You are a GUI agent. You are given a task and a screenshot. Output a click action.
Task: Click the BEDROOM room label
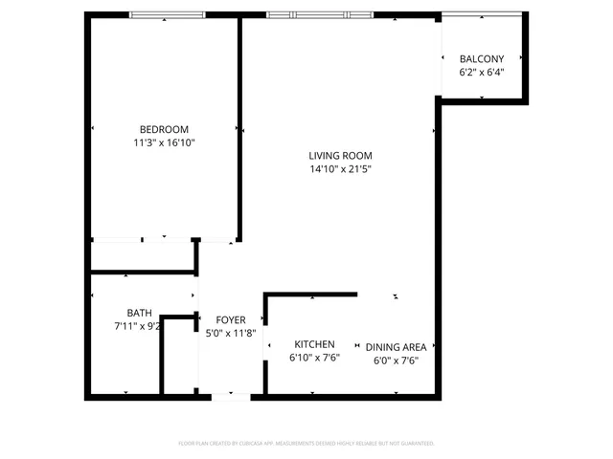(164, 129)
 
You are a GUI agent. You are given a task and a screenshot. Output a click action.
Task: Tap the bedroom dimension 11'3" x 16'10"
(164, 142)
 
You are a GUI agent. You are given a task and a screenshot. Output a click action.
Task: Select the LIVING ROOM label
(340, 156)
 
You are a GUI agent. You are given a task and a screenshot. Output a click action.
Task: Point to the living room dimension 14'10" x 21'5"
(340, 169)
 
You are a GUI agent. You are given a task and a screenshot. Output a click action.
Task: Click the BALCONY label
(481, 58)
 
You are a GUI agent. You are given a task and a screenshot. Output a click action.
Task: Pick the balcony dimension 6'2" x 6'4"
(481, 72)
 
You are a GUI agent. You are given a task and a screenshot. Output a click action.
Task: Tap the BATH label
(139, 313)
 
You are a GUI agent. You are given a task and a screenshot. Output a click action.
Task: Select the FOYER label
(230, 319)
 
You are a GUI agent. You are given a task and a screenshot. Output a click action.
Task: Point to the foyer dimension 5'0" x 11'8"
(230, 333)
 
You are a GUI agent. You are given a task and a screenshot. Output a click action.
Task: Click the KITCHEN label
(314, 344)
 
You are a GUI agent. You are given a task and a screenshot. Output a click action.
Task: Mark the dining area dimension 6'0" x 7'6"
(396, 361)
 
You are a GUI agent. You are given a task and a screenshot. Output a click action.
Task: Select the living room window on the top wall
(320, 15)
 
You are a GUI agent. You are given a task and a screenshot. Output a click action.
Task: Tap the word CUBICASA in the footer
(251, 444)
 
